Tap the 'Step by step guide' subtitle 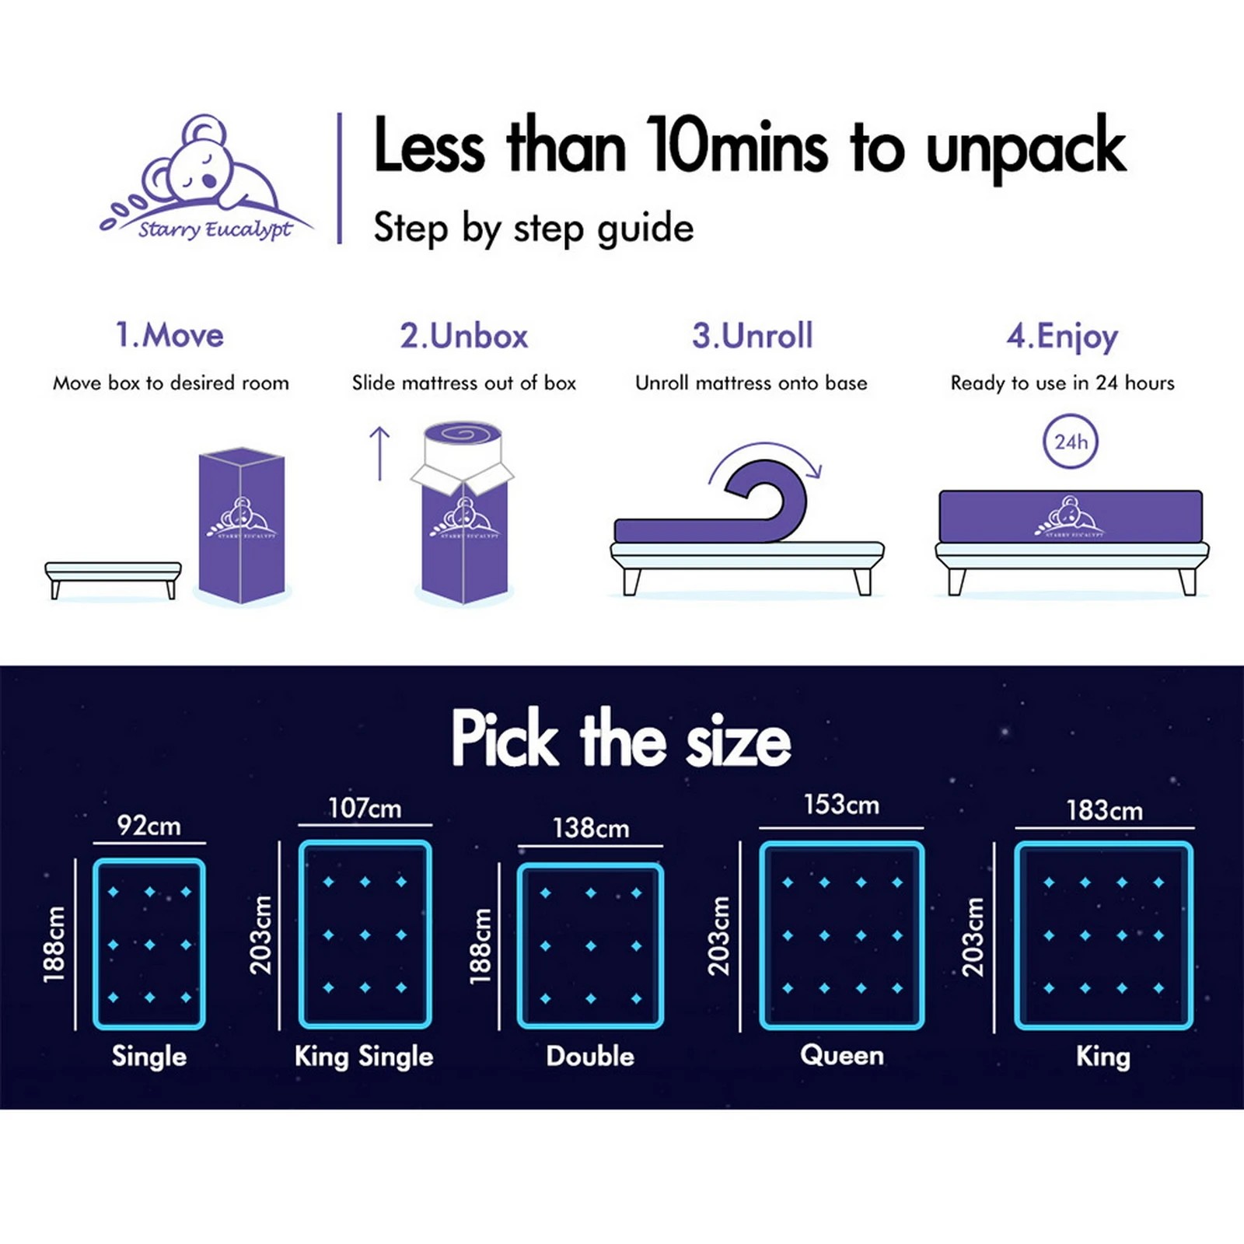coord(533,229)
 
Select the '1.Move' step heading coord(169,336)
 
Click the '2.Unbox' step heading coord(464,336)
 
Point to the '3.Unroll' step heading coord(752,336)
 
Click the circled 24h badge coord(1071,442)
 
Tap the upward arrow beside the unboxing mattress coord(379,453)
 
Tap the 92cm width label coord(149,825)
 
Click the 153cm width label coord(841,805)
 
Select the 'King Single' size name coord(364,1057)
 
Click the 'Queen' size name coord(842,1055)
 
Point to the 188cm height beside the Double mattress coord(481,946)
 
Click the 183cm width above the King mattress coord(1104,811)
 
